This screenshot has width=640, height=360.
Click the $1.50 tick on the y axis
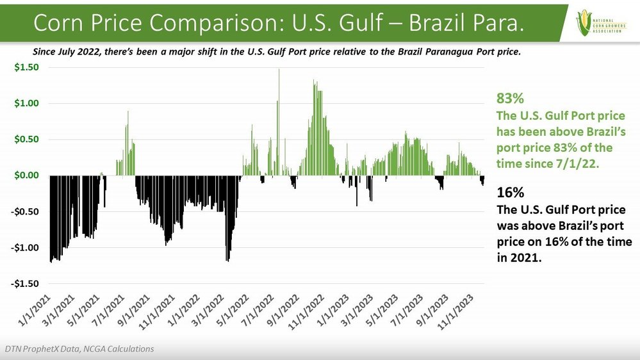coord(27,67)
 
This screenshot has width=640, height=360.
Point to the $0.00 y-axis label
coord(27,175)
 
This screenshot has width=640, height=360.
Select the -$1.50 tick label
coord(26,283)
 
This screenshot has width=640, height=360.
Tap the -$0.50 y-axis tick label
coord(26,211)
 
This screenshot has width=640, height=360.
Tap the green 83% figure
coord(511,99)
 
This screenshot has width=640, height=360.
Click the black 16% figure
coord(510,193)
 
